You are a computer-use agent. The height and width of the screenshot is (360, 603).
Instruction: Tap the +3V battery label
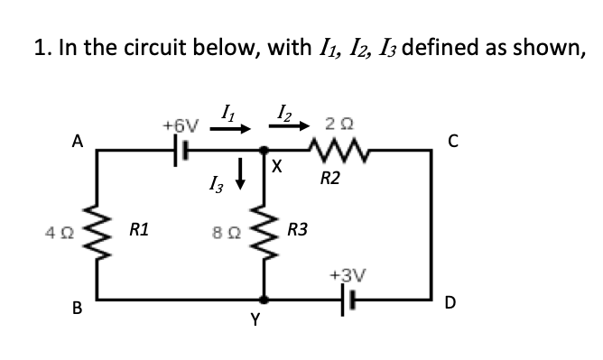click(347, 273)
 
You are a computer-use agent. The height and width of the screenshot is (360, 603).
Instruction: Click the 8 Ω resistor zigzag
click(264, 230)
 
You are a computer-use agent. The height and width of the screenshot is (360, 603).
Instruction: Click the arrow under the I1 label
click(230, 128)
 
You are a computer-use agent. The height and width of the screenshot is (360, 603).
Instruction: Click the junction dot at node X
click(264, 151)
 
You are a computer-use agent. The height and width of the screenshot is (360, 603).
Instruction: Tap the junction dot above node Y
click(264, 298)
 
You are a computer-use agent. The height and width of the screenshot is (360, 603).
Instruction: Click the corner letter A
click(78, 141)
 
